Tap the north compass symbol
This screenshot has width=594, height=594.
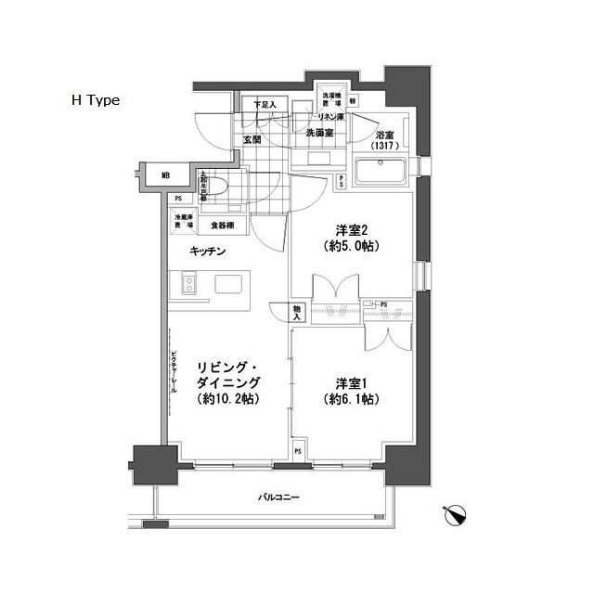point(456,513)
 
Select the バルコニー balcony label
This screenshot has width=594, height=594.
point(278,499)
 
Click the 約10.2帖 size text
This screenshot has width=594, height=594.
point(228,399)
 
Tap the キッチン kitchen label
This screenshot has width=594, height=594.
point(209,252)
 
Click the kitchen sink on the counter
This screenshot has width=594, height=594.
point(227,284)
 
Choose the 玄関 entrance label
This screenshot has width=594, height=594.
point(252,140)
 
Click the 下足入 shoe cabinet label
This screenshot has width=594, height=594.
point(265,105)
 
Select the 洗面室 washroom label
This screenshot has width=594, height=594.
point(320,133)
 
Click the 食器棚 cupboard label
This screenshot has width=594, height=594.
point(221,226)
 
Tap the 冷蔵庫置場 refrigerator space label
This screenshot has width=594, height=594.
point(183,223)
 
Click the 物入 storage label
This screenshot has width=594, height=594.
point(297,314)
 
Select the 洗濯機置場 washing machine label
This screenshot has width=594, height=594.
point(331,99)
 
